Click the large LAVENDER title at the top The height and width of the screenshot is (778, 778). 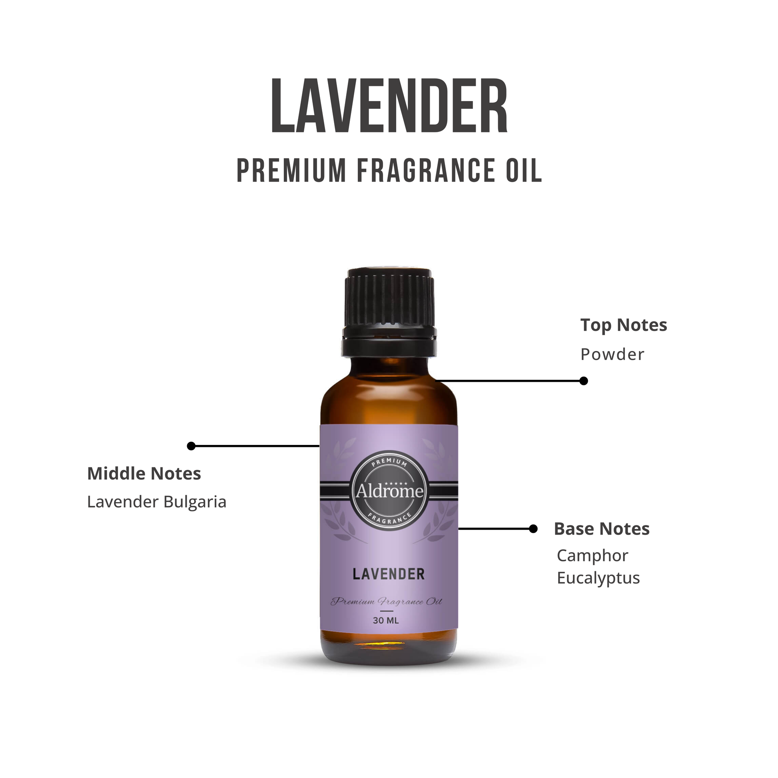[389, 106]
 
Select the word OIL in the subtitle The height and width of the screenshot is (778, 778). [524, 170]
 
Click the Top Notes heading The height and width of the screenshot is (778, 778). [623, 325]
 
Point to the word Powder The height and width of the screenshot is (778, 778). [612, 354]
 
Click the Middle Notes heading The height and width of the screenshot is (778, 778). [144, 474]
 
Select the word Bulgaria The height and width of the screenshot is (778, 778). [195, 502]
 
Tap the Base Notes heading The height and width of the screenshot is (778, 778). [602, 529]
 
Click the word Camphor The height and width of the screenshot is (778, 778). [592, 556]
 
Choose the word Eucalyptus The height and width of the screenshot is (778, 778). [598, 578]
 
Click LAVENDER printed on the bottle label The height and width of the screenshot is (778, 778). [389, 574]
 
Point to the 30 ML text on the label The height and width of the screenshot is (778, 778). [386, 620]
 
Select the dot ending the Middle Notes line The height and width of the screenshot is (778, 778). [191, 446]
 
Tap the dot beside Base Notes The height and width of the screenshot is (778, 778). [533, 529]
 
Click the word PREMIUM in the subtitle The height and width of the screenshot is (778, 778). [291, 170]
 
